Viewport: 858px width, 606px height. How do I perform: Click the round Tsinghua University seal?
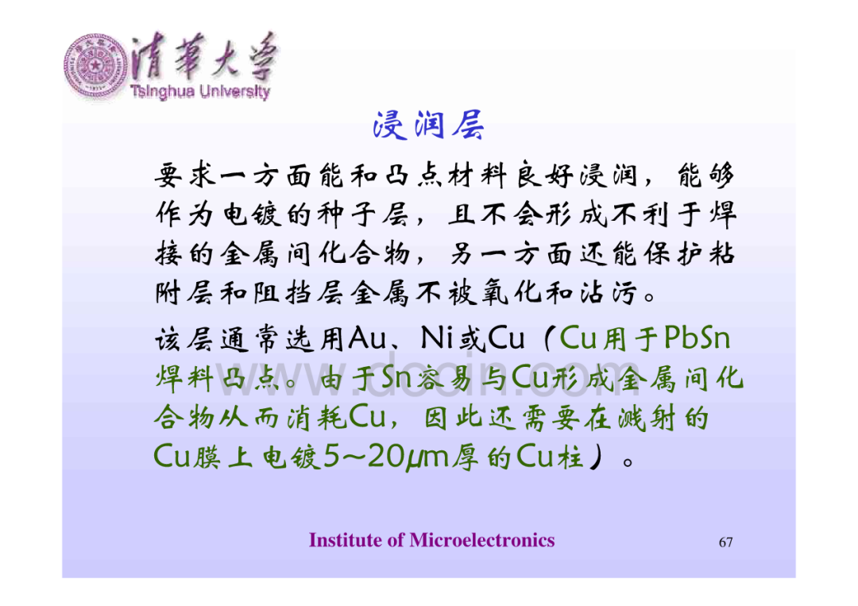[95, 66]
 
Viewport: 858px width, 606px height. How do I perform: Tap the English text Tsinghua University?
[200, 91]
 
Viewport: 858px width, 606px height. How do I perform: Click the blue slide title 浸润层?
[428, 125]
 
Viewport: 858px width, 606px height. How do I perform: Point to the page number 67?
[725, 542]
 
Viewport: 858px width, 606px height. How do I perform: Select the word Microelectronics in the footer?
[482, 540]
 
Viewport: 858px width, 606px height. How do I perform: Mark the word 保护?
[673, 253]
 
